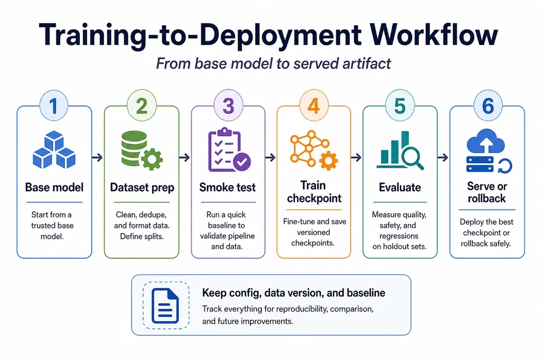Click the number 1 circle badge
click(x=54, y=105)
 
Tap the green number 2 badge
click(x=142, y=105)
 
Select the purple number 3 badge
click(x=228, y=105)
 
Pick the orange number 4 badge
click(x=313, y=105)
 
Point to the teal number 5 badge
click(x=400, y=105)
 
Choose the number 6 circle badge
click(x=488, y=105)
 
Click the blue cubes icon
click(x=54, y=150)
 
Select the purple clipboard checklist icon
click(x=229, y=150)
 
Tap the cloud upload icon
click(x=486, y=141)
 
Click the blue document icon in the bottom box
click(x=166, y=306)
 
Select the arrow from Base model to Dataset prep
click(x=98, y=157)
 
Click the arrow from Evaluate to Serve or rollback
click(x=443, y=157)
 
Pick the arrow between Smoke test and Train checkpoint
click(x=270, y=157)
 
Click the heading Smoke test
click(x=227, y=188)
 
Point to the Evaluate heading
click(x=400, y=188)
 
